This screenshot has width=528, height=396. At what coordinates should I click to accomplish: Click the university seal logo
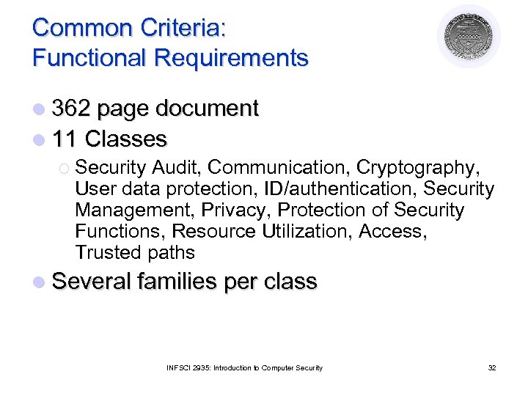(x=469, y=37)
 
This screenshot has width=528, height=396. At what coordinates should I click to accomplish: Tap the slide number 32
(x=491, y=367)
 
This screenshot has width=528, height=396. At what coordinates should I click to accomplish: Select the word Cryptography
(x=433, y=168)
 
